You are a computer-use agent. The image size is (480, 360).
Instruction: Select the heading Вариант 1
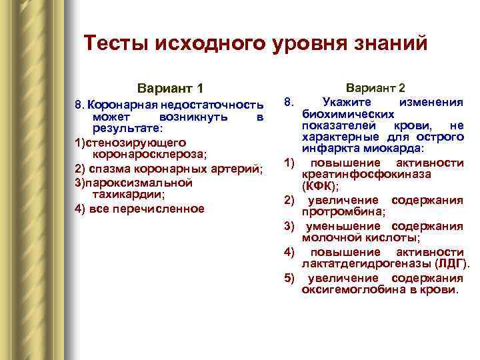coord(170,89)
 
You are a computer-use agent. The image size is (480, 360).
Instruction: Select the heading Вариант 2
coord(376,88)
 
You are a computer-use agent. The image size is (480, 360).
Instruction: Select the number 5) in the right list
coord(289,278)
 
